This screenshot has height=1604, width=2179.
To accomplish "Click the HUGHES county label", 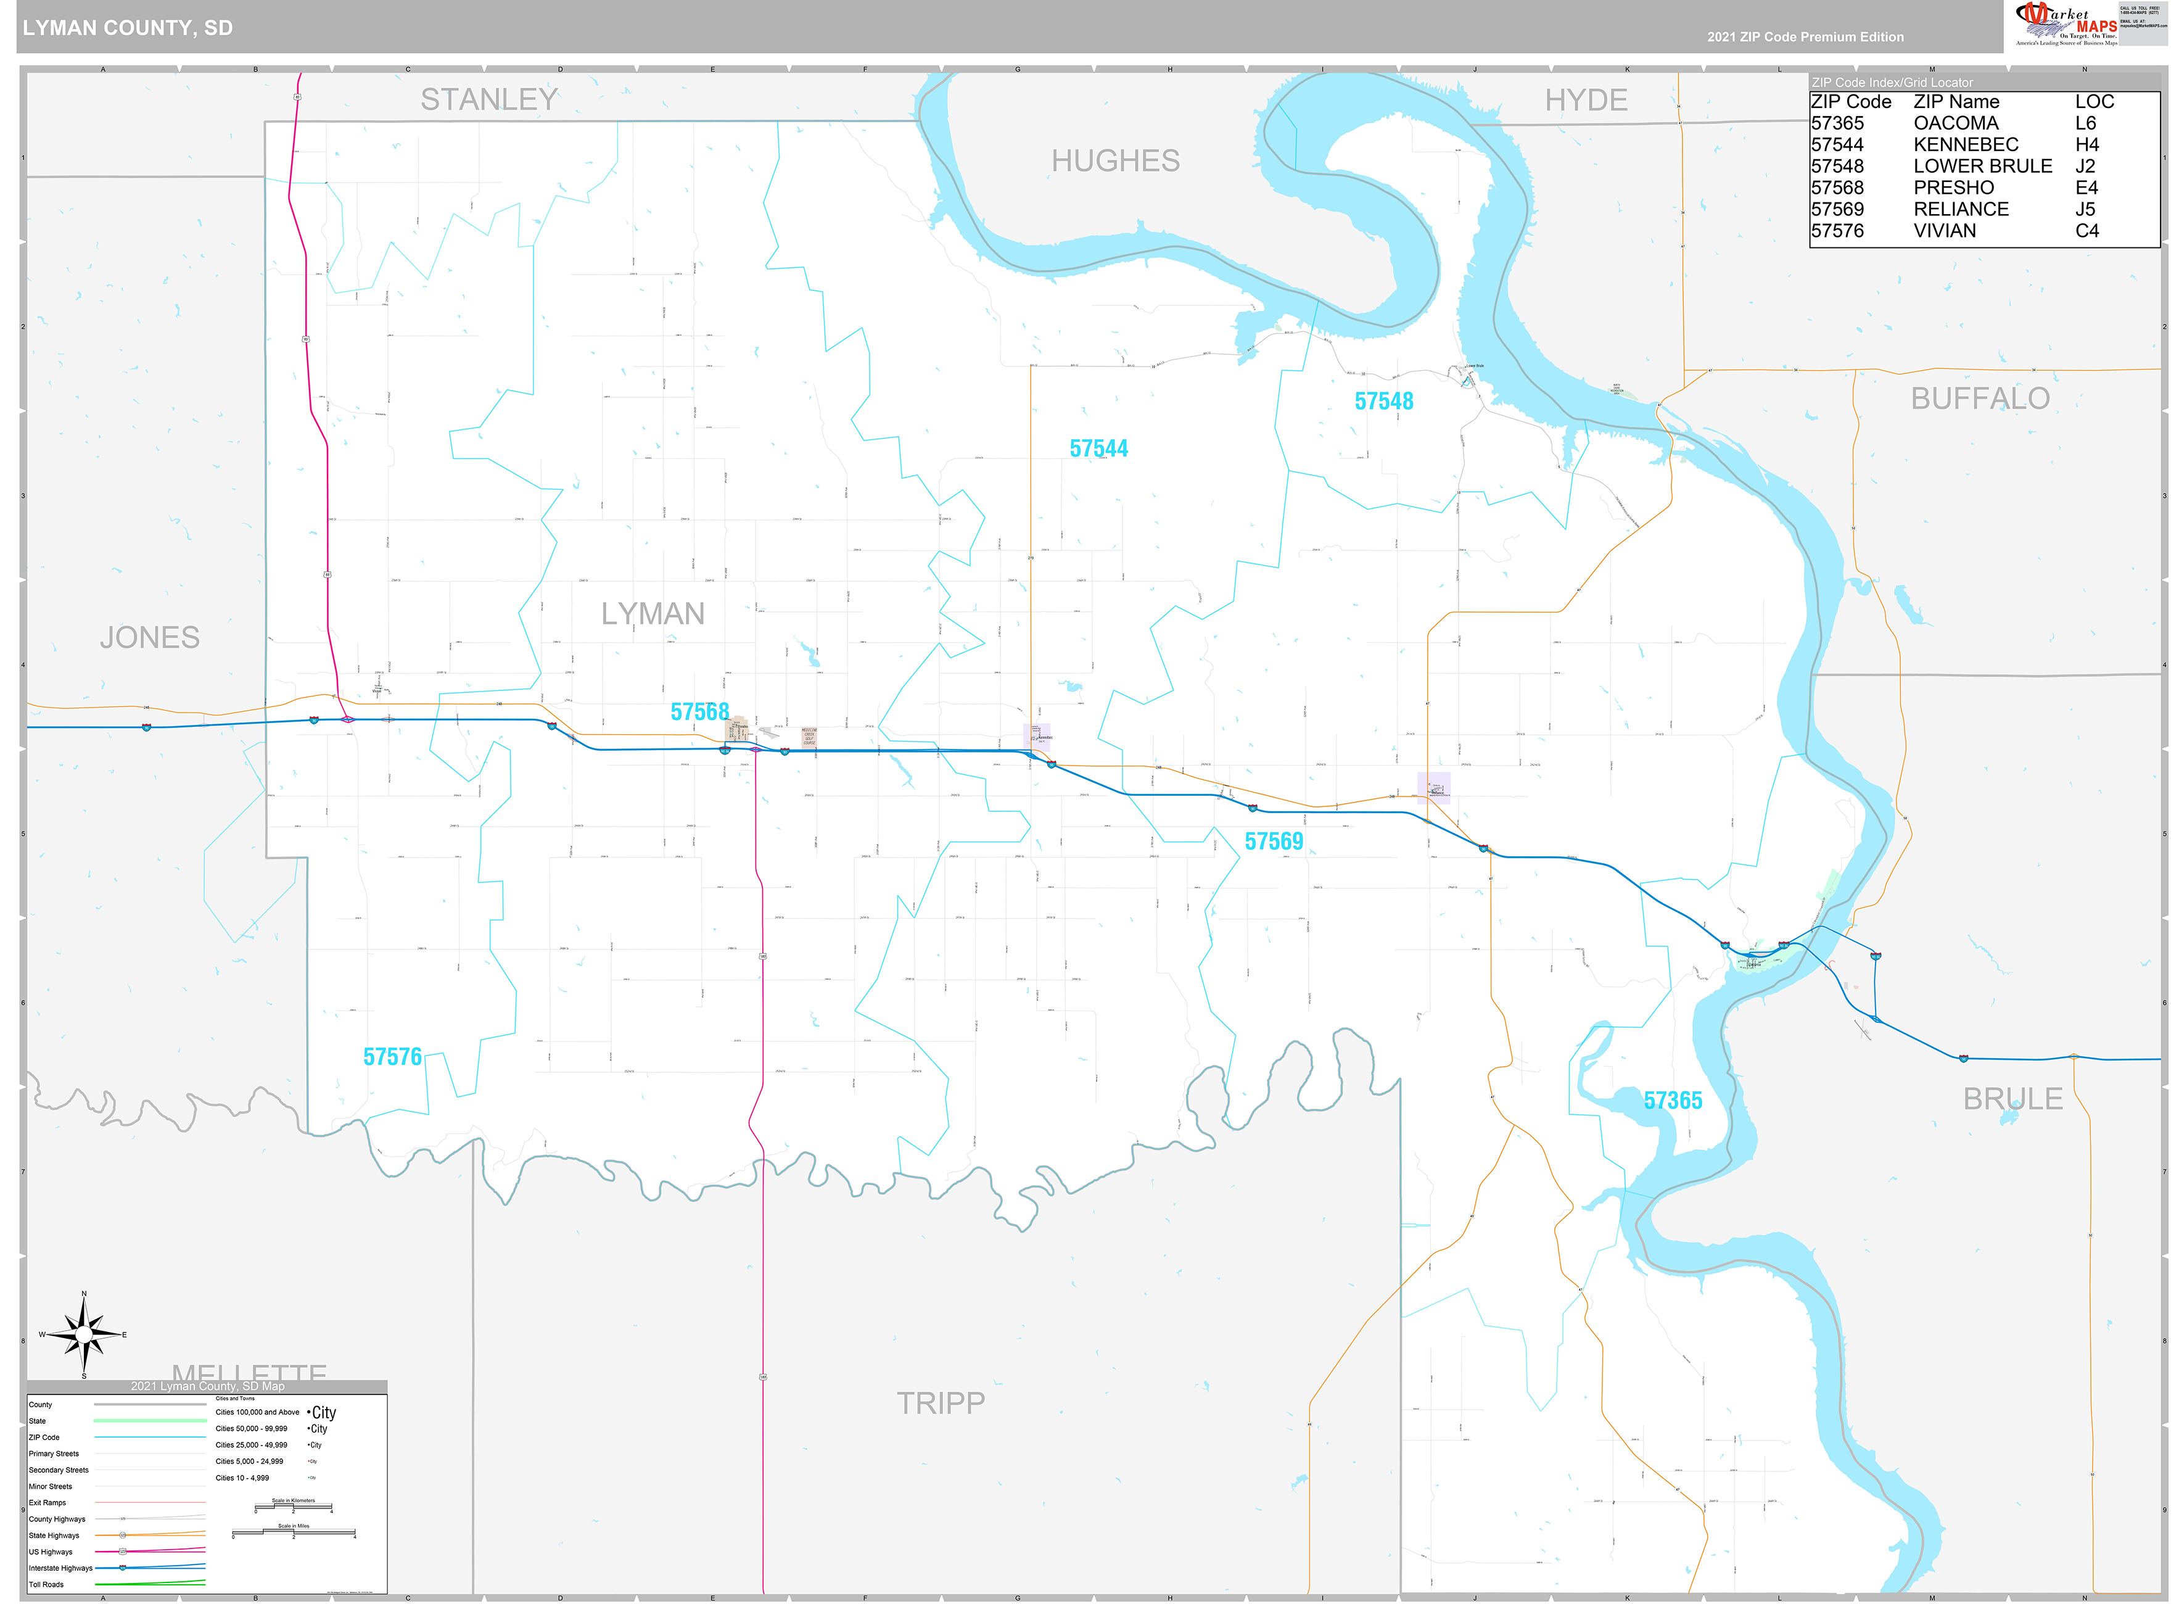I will [1115, 161].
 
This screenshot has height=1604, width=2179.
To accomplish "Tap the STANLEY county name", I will [488, 99].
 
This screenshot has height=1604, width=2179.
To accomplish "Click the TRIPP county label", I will [939, 1402].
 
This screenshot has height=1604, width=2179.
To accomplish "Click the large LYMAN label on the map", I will [653, 614].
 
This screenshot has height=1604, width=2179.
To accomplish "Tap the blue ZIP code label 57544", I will [1098, 449].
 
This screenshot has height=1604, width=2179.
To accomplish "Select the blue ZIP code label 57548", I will [1383, 401].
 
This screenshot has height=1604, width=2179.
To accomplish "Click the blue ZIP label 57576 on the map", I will [392, 1056].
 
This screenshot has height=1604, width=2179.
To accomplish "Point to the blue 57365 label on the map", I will [1673, 1100].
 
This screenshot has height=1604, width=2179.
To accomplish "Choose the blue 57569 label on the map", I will [1274, 841].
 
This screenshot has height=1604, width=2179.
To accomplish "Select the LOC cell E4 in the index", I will [2086, 188].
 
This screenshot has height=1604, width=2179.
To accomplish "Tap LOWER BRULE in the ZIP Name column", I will [1982, 166].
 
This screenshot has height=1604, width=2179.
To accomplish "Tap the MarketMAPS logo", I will [2067, 23].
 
